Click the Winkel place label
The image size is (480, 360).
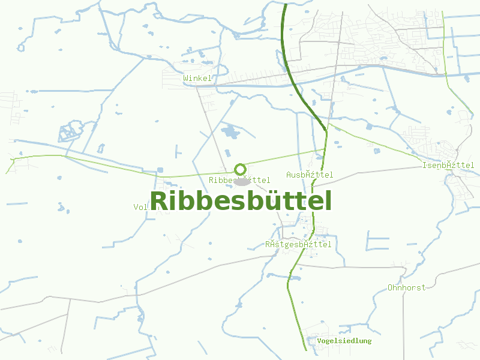coord(197,79)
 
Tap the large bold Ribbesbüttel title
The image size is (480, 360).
coord(241,201)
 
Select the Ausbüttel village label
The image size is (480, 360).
coord(310,175)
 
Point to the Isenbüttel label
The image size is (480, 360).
coord(448,165)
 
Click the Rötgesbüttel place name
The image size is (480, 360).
coord(298,244)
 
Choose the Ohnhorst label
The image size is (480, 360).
coord(406,287)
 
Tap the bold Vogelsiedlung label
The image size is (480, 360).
coord(344,341)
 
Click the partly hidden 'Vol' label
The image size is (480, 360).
coord(140,207)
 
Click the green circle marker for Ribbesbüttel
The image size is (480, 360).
coord(240,169)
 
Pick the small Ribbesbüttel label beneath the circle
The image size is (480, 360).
coord(239,180)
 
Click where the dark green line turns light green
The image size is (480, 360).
coord(325,129)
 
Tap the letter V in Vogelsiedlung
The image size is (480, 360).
coord(320,341)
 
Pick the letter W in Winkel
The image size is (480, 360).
coord(186,79)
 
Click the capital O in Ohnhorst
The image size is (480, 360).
coord(391,287)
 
